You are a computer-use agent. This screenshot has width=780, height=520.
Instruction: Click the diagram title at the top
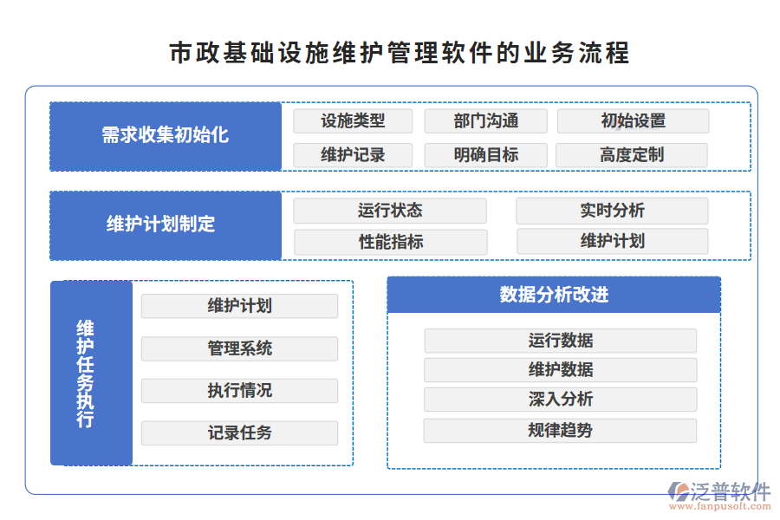pos(399,52)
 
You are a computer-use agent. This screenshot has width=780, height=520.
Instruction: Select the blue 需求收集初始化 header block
pos(166,136)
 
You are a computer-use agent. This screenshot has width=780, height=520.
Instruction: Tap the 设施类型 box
pos(353,121)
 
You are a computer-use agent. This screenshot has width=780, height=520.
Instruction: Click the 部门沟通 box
pos(485,121)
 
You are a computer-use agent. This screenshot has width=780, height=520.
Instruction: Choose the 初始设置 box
pos(633,121)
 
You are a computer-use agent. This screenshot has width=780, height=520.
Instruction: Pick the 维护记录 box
pos(353,155)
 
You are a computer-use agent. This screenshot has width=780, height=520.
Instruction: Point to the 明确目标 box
pos(485,155)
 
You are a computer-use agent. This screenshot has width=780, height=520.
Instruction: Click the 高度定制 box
pos(632,155)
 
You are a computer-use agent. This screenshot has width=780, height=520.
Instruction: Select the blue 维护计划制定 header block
pos(166,225)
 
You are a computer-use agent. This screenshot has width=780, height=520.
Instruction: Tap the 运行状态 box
pos(390,211)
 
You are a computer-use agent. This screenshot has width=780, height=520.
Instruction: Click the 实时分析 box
pos(612,211)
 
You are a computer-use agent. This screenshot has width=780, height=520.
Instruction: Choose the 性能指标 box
pos(391,242)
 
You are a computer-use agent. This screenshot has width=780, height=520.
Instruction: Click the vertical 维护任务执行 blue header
pos(91,373)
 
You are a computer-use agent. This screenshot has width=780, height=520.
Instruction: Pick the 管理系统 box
pos(239,348)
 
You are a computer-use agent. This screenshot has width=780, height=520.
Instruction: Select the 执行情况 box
pos(239,391)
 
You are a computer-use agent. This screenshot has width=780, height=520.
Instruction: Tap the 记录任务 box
pos(239,432)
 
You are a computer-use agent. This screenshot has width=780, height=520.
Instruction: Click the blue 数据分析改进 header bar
pos(554,295)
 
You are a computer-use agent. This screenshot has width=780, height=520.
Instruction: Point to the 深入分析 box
pos(560,400)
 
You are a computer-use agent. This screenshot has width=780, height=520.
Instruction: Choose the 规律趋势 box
pos(560,430)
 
